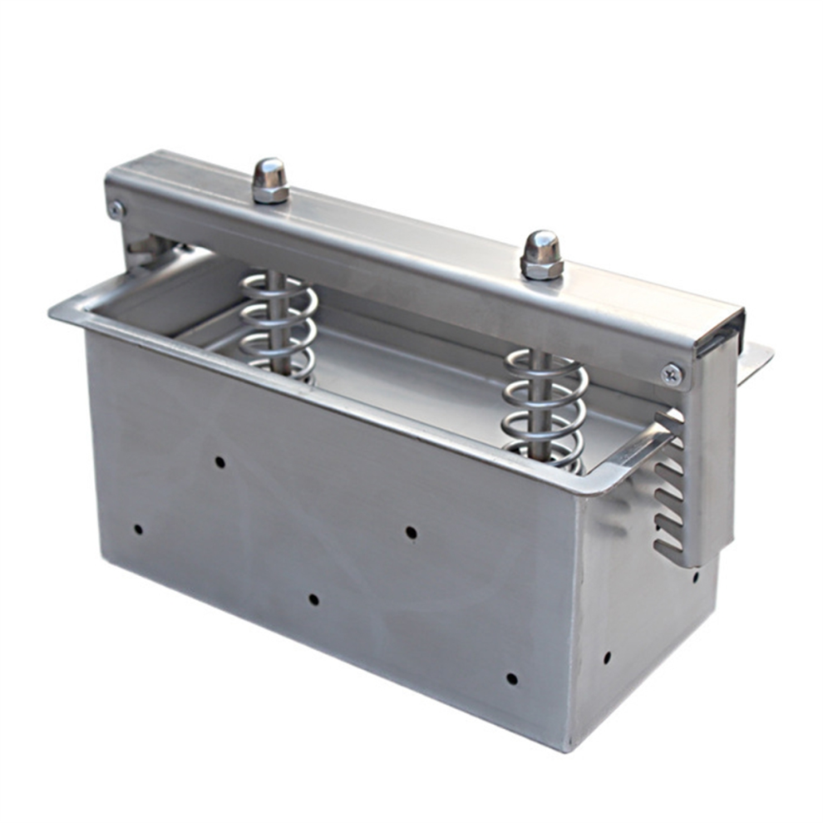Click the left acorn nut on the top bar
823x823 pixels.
tap(270, 181)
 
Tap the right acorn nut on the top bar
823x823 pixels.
tap(541, 255)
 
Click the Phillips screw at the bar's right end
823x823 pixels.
tap(672, 375)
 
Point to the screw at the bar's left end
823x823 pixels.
tap(117, 209)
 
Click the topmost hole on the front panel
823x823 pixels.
tap(219, 461)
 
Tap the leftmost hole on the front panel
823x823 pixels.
tap(138, 529)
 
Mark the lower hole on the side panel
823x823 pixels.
tap(607, 657)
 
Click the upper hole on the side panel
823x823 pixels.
tap(695, 575)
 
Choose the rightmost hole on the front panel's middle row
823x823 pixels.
tap(411, 532)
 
